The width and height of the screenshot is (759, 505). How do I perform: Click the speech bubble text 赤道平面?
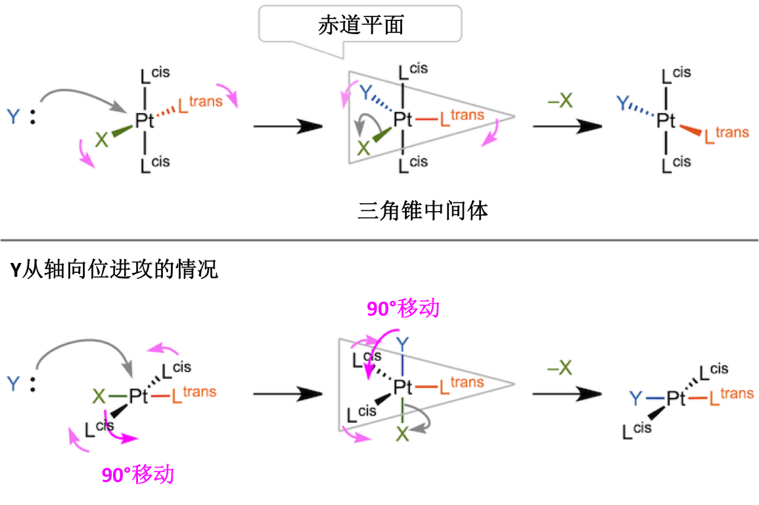click(361, 24)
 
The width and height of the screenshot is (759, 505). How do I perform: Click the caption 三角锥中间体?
click(423, 212)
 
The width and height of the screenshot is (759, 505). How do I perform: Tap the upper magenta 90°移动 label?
click(403, 309)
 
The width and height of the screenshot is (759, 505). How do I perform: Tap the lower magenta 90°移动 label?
click(138, 474)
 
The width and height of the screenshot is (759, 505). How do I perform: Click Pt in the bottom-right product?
click(676, 398)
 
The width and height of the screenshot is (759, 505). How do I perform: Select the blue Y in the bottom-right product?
click(635, 398)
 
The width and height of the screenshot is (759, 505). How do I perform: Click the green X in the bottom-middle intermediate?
click(402, 434)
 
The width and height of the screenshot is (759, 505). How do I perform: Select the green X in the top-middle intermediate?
click(363, 149)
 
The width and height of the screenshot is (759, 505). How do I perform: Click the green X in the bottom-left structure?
click(99, 396)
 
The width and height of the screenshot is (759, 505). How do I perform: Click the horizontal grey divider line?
click(379, 240)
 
